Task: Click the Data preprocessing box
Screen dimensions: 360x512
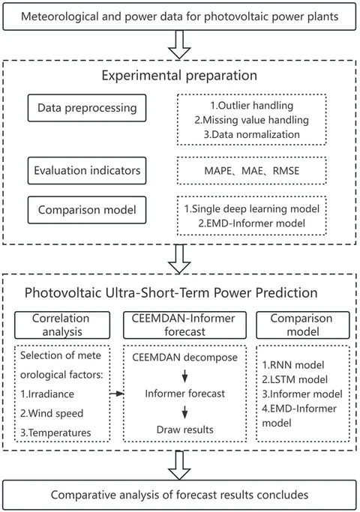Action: coord(87,108)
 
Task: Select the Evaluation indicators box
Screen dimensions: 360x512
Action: coord(87,170)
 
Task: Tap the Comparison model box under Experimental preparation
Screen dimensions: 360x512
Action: coord(87,210)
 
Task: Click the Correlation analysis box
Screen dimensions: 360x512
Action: coord(62,325)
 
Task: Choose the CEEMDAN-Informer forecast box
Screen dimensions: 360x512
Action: coord(184,325)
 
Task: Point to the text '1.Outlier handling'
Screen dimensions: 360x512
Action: coord(251,106)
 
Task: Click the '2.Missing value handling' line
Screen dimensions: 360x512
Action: coord(251,120)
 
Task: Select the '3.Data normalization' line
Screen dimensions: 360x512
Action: coord(251,134)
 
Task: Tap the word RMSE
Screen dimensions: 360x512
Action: coord(286,171)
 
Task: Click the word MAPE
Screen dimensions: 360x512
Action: coord(218,171)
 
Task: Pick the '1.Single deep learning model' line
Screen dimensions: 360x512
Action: coord(251,208)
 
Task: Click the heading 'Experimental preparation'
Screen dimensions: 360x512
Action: coord(179,76)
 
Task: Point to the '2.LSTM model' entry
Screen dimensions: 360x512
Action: coord(295,379)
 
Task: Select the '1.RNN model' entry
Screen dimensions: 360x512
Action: coord(293,365)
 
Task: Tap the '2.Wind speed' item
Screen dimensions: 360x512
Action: coord(52,413)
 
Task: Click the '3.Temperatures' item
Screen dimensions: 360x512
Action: coord(55,433)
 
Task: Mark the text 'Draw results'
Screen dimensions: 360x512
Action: coord(185,430)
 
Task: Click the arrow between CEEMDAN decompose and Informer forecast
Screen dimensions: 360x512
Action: coord(185,376)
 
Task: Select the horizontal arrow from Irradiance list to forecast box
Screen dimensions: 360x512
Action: coord(116,394)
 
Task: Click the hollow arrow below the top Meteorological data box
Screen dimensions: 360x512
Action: coord(179,45)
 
